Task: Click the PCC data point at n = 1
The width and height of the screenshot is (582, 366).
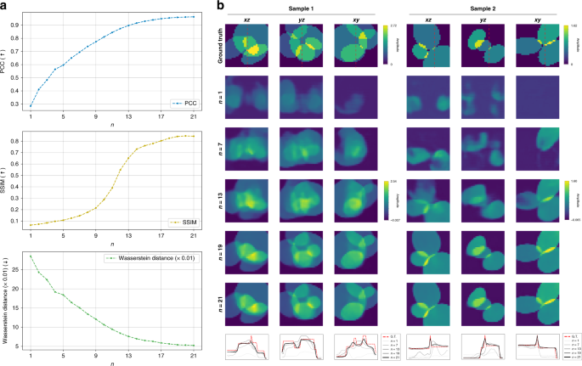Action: pyautogui.click(x=31, y=106)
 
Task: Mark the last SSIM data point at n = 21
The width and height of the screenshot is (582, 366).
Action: pyautogui.click(x=194, y=136)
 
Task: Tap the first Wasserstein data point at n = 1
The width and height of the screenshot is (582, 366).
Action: pyautogui.click(x=31, y=256)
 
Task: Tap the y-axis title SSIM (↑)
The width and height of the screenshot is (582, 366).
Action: pyautogui.click(x=7, y=179)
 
